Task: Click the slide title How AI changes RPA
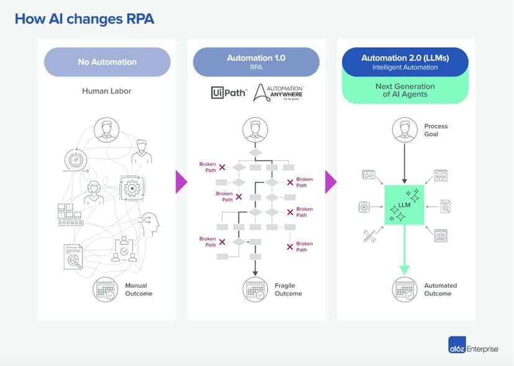pos(84,19)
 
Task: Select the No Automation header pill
pos(107,62)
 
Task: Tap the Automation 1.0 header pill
pos(256,62)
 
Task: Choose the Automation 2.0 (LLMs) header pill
pos(405,62)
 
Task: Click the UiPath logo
pos(229,93)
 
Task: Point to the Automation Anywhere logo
pos(279,92)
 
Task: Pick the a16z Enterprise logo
pos(472,349)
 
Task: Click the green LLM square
pos(405,205)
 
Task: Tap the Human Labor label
pos(107,91)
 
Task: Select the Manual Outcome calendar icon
pos(106,290)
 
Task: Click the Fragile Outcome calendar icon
pos(255,290)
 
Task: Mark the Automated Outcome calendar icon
pos(405,290)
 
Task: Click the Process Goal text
pos(436,130)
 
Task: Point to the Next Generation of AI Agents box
pos(405,91)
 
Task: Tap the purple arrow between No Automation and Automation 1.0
pos(181,182)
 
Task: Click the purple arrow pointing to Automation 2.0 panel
pos(331,182)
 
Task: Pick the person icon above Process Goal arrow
pos(405,130)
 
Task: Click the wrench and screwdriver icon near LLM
pos(369,235)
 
